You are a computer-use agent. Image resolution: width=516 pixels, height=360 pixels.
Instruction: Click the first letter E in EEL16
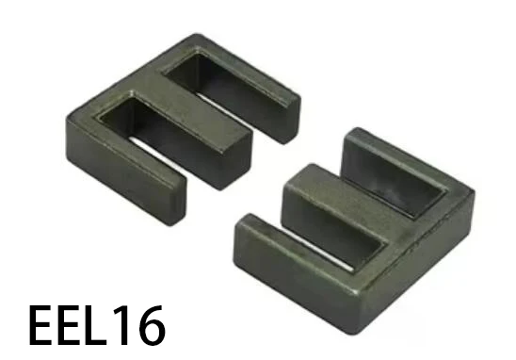click(x=44, y=324)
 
